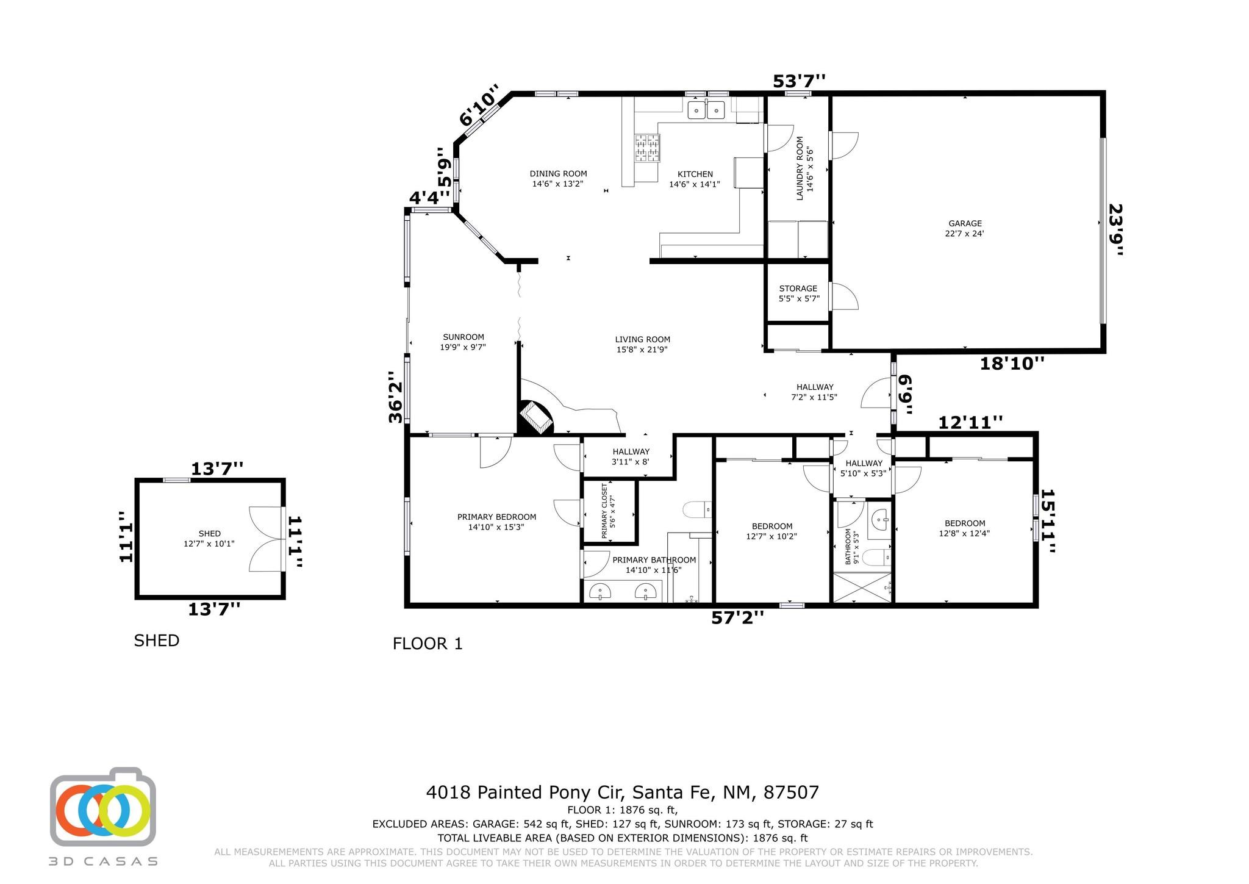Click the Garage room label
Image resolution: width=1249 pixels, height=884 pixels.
pos(965,228)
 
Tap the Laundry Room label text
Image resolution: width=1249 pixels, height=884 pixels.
pos(805,168)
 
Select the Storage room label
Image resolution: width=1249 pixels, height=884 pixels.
pos(798,293)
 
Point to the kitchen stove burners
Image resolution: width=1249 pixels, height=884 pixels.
pos(647,148)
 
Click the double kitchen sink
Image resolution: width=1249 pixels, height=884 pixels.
pos(706,110)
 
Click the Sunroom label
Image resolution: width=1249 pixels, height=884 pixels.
pos(463,342)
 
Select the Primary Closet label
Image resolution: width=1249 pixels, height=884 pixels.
pos(608,511)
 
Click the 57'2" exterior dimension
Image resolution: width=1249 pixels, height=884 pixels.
pos(737,618)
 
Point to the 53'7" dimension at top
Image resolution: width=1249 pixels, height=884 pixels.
pos(799,81)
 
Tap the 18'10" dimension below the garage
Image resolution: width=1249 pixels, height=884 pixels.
pos(1012,364)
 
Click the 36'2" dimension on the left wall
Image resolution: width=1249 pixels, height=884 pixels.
pos(396,397)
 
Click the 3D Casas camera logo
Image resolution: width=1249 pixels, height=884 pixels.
pos(103,808)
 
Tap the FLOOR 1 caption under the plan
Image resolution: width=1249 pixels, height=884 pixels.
pos(428,644)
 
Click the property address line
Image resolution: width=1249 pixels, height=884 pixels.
pos(622,792)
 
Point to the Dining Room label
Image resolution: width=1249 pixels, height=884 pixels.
pos(558,179)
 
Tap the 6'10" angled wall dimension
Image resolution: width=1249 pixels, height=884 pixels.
pos(479,106)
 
